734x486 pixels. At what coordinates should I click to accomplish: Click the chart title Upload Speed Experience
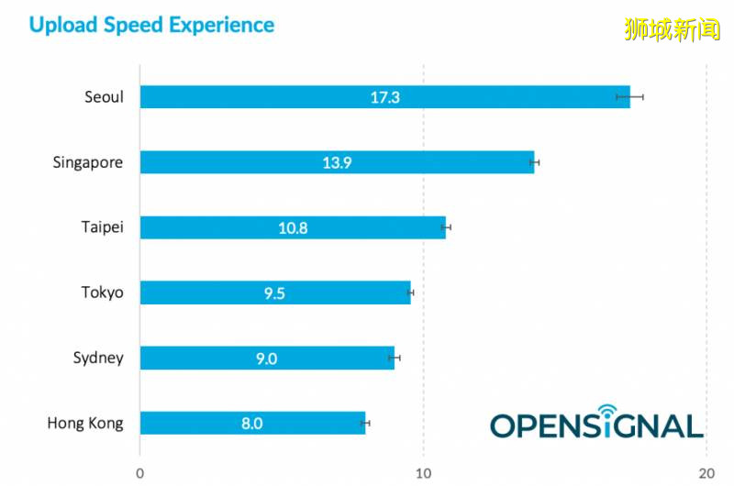(x=151, y=25)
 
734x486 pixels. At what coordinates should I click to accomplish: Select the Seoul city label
(x=104, y=97)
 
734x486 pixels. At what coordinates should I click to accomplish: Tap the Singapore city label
(x=88, y=163)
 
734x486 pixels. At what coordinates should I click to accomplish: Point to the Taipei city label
(x=103, y=227)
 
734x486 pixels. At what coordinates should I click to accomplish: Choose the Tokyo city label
(x=102, y=293)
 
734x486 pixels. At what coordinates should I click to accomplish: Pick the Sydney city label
(x=98, y=358)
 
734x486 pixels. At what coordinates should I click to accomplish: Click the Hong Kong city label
(x=85, y=424)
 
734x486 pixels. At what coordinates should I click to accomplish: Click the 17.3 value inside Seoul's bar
(x=385, y=97)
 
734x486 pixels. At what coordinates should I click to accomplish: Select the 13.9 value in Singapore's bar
(x=337, y=163)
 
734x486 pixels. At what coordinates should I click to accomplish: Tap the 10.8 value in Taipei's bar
(x=293, y=227)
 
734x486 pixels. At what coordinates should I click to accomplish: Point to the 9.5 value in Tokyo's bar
(x=275, y=293)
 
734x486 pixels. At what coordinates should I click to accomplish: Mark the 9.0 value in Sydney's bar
(x=266, y=358)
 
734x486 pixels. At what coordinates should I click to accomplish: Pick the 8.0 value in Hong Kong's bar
(x=252, y=424)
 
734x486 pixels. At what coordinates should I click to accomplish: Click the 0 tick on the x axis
(x=139, y=473)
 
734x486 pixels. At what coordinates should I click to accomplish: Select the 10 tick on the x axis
(x=423, y=473)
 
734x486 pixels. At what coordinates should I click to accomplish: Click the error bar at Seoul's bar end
(x=630, y=96)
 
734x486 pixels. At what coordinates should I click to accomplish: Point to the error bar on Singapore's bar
(x=534, y=162)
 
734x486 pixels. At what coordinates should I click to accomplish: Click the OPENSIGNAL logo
(x=596, y=423)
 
